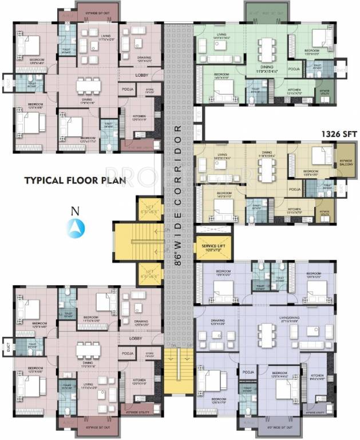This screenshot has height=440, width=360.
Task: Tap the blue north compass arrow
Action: coord(73,228)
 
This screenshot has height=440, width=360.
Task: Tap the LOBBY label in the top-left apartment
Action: coord(143,75)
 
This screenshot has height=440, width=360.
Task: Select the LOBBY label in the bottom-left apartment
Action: coord(136,339)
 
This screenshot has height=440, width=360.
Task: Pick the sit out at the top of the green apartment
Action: coord(262,10)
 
